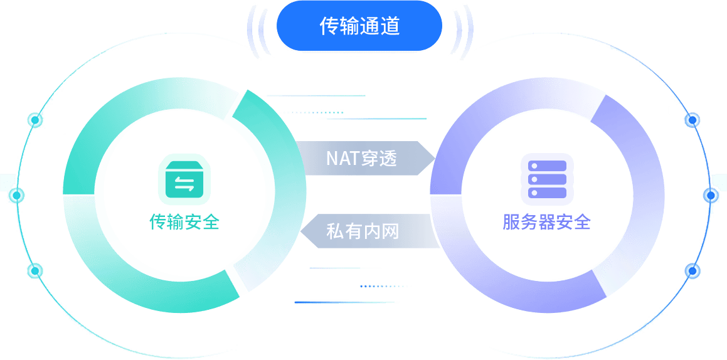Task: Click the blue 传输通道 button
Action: tap(359, 26)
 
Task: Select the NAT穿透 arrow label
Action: tap(362, 158)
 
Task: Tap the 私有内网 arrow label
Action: tap(363, 231)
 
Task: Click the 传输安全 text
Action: tap(184, 221)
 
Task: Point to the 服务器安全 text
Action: tap(547, 221)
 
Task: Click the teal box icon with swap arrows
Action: tap(184, 182)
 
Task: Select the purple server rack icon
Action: tap(547, 179)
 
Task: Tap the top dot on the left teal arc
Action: tap(35, 119)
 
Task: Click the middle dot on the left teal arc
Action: tap(18, 196)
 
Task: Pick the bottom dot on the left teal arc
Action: tap(35, 271)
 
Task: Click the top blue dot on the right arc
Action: tap(693, 119)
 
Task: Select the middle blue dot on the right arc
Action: tap(711, 196)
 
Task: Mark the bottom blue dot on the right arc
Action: tap(693, 271)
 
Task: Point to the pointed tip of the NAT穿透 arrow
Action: tap(434, 158)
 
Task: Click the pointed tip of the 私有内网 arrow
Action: tap(302, 231)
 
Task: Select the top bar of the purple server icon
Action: tap(547, 166)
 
